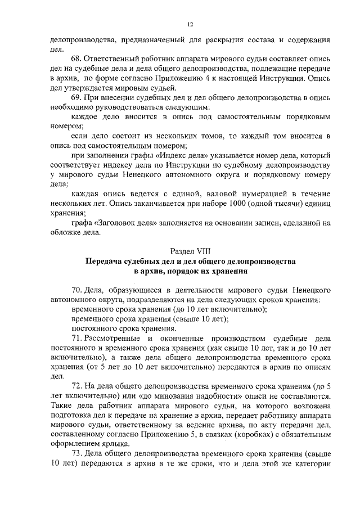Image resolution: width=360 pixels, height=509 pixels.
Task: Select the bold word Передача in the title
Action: coord(107,262)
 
